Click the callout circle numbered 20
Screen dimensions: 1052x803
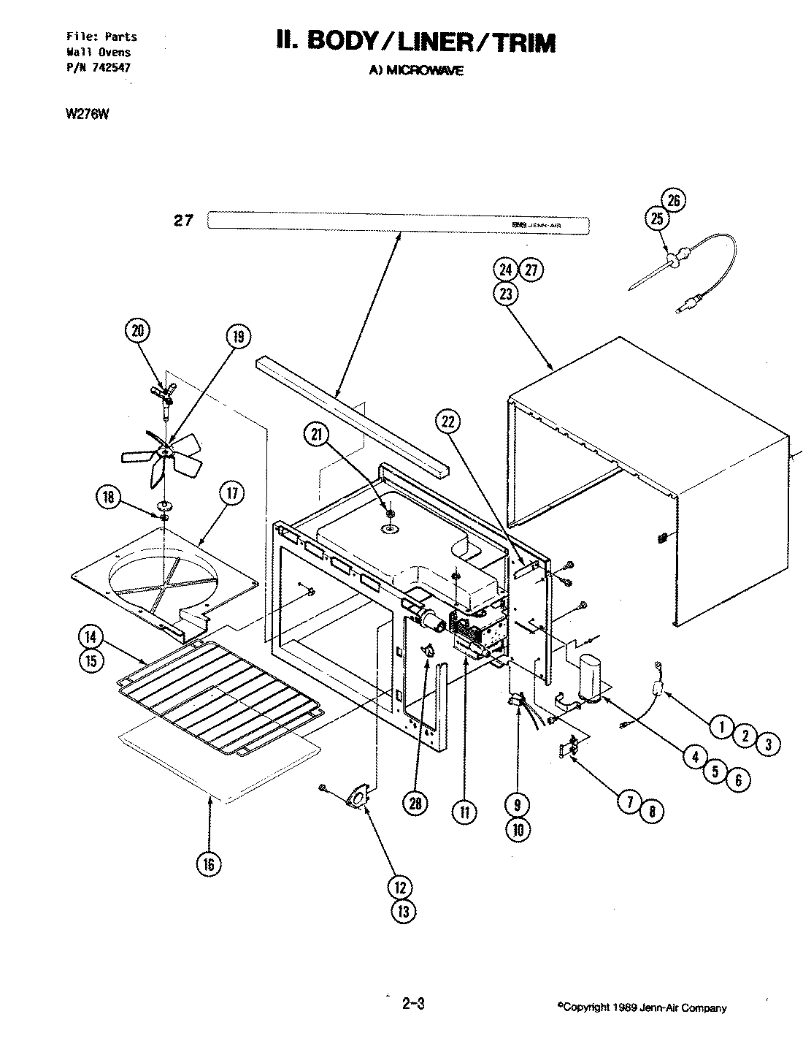click(137, 331)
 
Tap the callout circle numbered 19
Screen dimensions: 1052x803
click(238, 337)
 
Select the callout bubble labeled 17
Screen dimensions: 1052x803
click(231, 494)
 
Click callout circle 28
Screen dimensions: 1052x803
click(415, 804)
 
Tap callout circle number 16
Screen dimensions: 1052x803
click(208, 864)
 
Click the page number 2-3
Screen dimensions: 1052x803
click(412, 1004)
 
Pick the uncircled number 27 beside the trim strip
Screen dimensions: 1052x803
click(183, 220)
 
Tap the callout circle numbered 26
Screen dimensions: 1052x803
click(675, 199)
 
